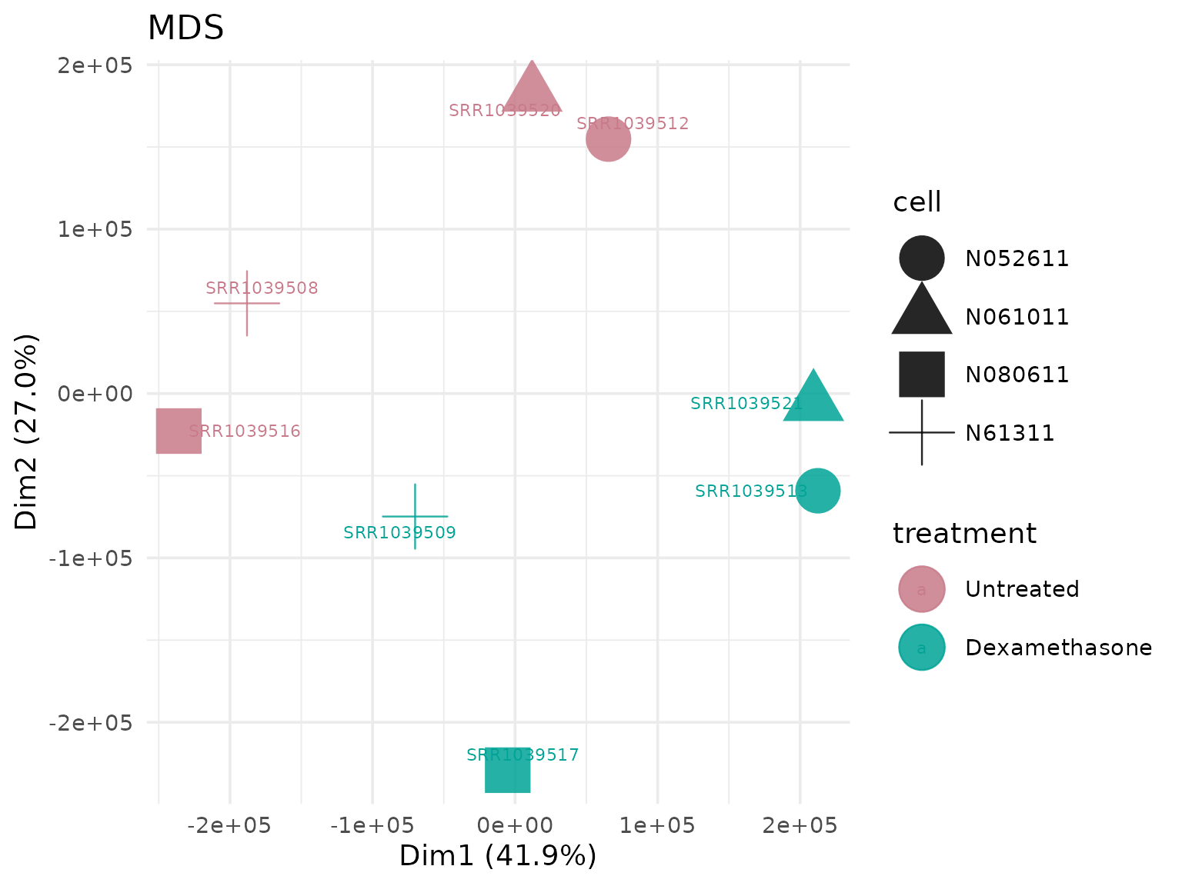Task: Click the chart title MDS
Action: point(185,28)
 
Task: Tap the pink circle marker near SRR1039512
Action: point(609,139)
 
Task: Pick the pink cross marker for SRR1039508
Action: point(247,303)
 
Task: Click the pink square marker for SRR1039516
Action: point(179,431)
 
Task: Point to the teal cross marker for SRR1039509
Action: point(415,516)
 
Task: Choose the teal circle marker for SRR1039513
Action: point(818,491)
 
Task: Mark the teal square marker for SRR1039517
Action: point(508,769)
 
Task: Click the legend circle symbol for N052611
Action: point(922,258)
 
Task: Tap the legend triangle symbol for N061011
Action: point(922,312)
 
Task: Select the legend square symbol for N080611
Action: point(922,375)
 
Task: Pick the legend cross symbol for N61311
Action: point(922,433)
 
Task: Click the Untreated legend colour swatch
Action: point(922,589)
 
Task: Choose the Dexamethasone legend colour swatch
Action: point(922,648)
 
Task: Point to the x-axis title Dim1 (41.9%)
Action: point(498,856)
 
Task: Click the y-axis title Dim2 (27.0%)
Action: point(27,432)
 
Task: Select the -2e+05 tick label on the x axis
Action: point(229,826)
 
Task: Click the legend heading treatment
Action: point(964,534)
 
